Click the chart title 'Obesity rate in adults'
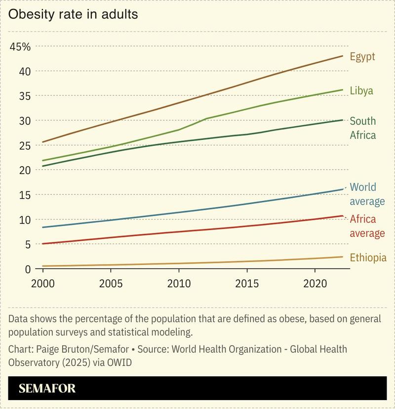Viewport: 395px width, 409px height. click(x=73, y=14)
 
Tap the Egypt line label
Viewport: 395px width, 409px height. click(x=362, y=56)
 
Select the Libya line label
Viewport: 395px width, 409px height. click(x=361, y=91)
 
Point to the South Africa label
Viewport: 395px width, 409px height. click(x=362, y=128)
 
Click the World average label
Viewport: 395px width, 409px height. click(x=366, y=194)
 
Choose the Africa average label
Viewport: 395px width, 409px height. click(x=367, y=226)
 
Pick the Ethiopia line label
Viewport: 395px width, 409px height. click(x=368, y=258)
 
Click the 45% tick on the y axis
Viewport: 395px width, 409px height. click(x=20, y=47)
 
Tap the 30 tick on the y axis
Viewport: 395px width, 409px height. click(x=25, y=121)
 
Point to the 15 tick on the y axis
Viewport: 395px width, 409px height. click(x=25, y=195)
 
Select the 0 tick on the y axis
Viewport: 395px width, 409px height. click(x=28, y=269)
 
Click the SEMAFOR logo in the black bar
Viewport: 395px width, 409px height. click(x=47, y=388)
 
